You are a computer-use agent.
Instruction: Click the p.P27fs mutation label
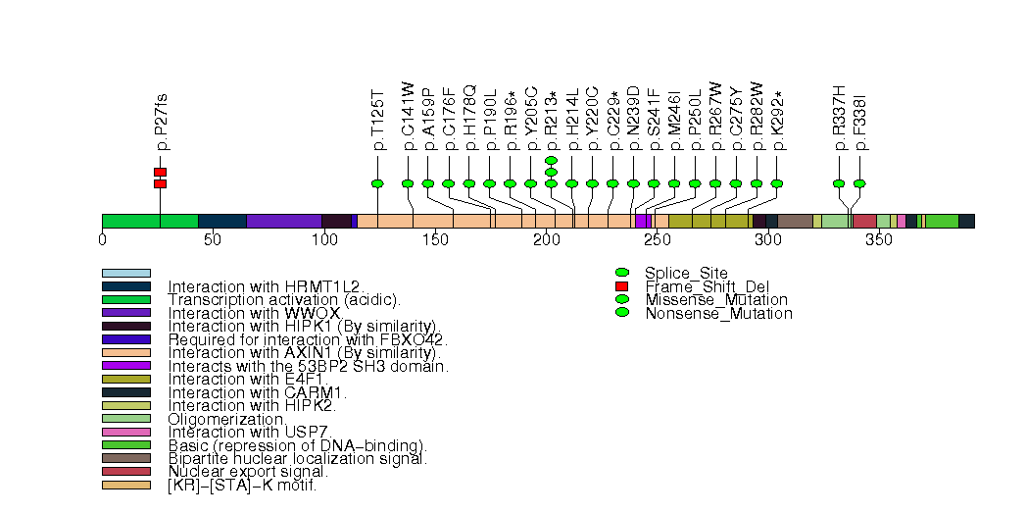161,123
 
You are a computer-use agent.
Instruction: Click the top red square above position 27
160,172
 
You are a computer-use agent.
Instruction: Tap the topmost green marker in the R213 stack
551,160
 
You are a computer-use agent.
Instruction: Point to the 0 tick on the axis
102,239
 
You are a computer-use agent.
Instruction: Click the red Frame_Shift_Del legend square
621,285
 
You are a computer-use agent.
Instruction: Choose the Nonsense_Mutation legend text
718,314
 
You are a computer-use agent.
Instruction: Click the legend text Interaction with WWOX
254,313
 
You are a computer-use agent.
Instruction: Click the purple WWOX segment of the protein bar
283,221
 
